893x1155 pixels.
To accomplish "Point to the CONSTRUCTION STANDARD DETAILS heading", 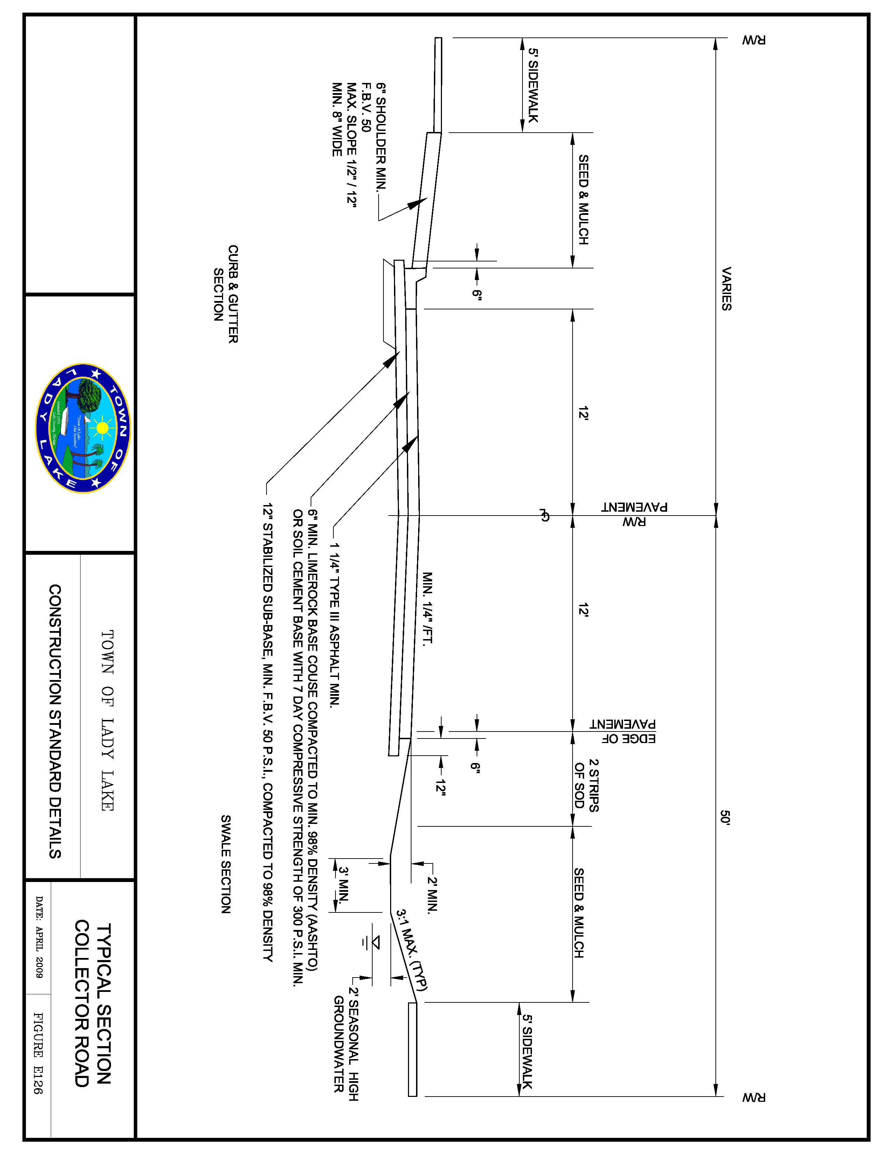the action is [x=55, y=721].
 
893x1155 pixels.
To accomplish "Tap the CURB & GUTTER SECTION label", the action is [x=226, y=294].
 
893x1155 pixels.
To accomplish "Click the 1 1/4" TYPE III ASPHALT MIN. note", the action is [x=334, y=624].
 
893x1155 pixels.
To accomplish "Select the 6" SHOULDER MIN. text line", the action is [x=381, y=136].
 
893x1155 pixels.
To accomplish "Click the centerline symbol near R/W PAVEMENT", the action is [x=543, y=514].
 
